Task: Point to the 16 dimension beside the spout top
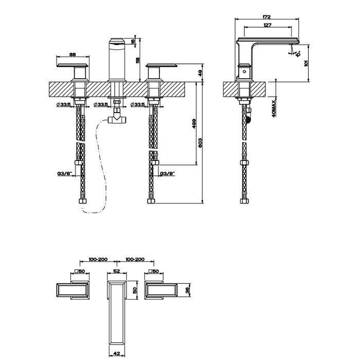(x=133, y=41)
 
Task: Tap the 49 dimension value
(x=201, y=73)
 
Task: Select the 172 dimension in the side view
(x=267, y=17)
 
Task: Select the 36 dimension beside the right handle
(x=188, y=291)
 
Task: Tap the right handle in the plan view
(x=163, y=291)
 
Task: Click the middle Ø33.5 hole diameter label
(x=101, y=105)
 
